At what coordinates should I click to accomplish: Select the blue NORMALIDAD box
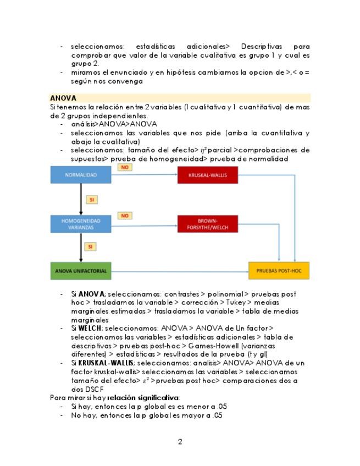coord(81,175)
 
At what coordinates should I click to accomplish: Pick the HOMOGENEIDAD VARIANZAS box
coord(81,224)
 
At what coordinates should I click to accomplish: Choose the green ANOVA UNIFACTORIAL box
coord(81,271)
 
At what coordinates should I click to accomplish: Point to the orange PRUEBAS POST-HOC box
coord(279,271)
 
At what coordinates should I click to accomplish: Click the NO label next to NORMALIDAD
coord(125,167)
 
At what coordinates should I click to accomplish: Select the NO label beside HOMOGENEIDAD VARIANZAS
coord(125,216)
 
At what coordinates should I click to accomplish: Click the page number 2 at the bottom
coord(180,442)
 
